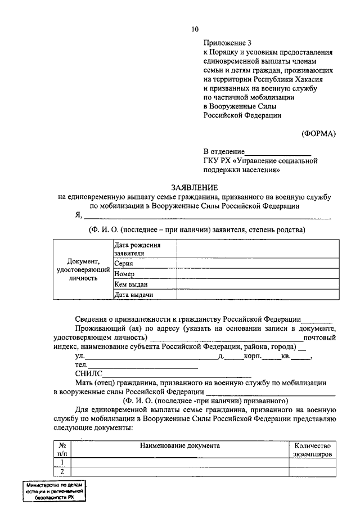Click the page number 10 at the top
click(194, 29)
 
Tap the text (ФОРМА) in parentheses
click(318, 133)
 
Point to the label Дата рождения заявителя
click(137, 249)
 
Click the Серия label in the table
click(124, 263)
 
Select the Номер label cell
click(125, 274)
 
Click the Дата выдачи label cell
click(134, 295)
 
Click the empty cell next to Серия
click(258, 263)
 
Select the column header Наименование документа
click(179, 445)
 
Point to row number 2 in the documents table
click(62, 471)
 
